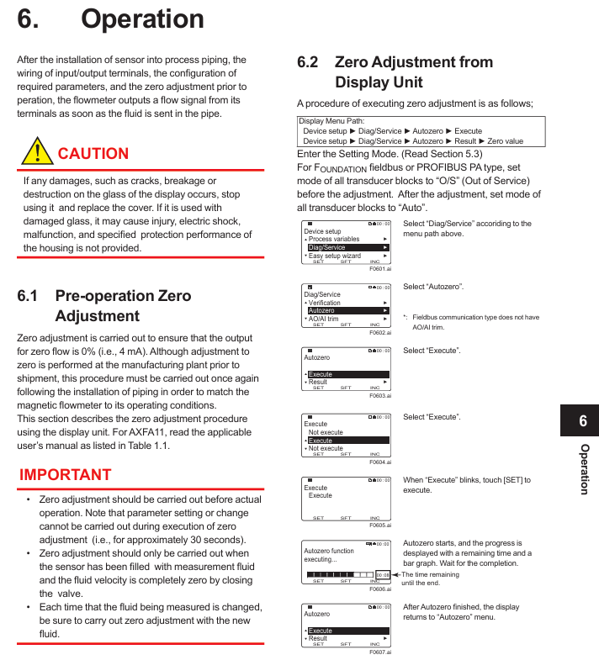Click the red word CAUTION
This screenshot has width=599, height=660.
(93, 154)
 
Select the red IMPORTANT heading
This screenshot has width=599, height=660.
(66, 474)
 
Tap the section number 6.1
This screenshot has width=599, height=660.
(28, 296)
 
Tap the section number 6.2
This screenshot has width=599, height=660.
(307, 62)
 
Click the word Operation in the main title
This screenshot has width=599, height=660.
(142, 19)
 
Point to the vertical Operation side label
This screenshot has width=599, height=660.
(584, 469)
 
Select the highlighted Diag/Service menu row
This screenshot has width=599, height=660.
(346, 247)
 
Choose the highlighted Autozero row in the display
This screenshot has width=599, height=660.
(346, 310)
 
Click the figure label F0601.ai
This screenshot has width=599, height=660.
(380, 268)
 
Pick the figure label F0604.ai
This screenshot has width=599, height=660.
(380, 462)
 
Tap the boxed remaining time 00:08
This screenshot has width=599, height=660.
(383, 574)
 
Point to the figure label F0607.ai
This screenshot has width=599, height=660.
(380, 652)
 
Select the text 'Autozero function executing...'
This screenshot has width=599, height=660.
(329, 555)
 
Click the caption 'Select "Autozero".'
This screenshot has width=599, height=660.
(433, 287)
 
